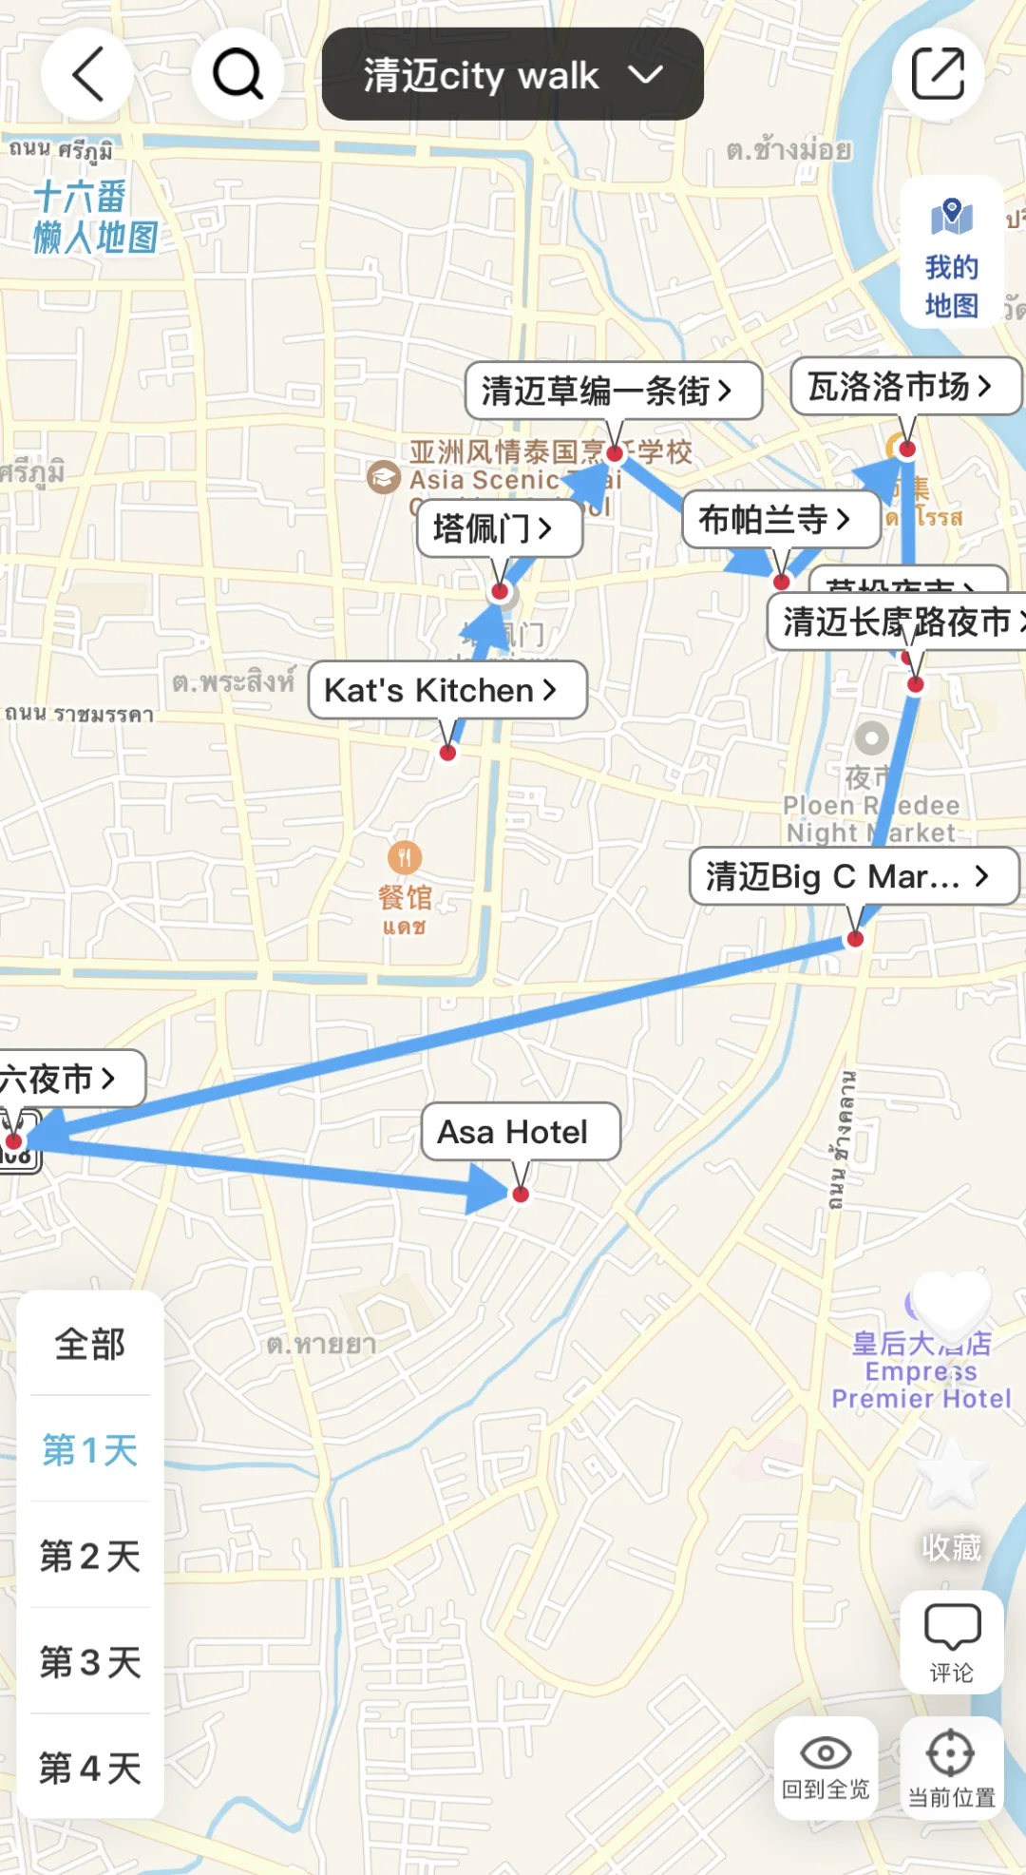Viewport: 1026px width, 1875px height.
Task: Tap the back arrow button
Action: point(87,74)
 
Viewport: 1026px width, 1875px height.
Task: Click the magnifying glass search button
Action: point(237,74)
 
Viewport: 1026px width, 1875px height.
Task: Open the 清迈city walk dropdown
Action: point(512,74)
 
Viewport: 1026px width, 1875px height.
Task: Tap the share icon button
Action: point(938,74)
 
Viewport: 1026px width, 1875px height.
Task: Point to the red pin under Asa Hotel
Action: point(520,1195)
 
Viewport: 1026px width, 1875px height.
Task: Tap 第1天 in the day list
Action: point(90,1450)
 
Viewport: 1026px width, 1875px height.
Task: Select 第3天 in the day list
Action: point(90,1662)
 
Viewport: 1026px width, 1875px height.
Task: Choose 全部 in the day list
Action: point(90,1344)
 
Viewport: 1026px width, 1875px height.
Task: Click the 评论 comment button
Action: point(951,1642)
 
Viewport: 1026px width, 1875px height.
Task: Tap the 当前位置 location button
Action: point(951,1768)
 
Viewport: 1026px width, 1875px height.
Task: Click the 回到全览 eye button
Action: point(826,1768)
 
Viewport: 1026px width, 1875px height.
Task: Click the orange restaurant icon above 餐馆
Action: point(405,858)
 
